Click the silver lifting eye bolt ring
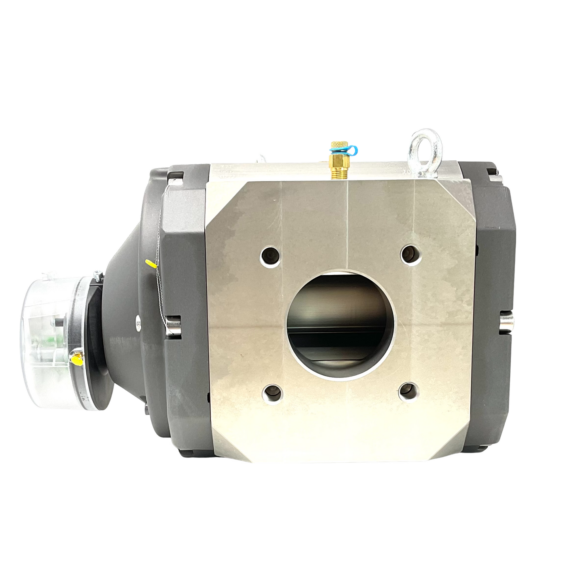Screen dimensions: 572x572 pyautogui.click(x=421, y=144)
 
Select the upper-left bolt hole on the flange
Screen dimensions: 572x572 pyautogui.click(x=270, y=255)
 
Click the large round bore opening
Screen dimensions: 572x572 pyautogui.click(x=340, y=325)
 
